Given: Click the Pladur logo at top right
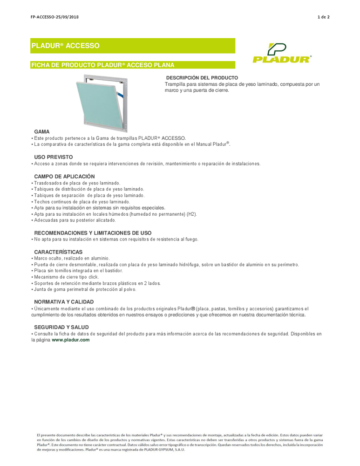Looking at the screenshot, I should coord(282,53).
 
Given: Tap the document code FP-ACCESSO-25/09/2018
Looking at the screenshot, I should coord(54,17).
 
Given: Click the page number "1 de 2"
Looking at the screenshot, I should coord(323,17).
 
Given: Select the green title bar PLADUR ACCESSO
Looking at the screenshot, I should coord(133,46).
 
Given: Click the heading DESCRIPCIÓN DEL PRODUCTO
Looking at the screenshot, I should coord(202,77).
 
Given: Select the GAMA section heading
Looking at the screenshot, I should coord(42,132).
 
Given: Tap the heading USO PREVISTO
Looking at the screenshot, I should coord(54,158).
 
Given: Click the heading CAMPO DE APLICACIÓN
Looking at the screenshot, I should coord(64,177).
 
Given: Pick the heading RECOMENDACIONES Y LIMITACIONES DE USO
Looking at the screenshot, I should coord(93,233).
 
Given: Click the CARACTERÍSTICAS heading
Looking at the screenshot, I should coord(58,252).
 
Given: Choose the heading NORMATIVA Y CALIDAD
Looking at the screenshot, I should coord(64,302).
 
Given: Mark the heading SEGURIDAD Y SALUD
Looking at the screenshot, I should coord(61,327).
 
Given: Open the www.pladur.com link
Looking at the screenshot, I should coord(70,340).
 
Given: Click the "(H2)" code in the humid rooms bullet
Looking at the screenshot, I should coord(192,214).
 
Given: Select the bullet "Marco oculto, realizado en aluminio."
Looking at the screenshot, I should coord(72,258).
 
